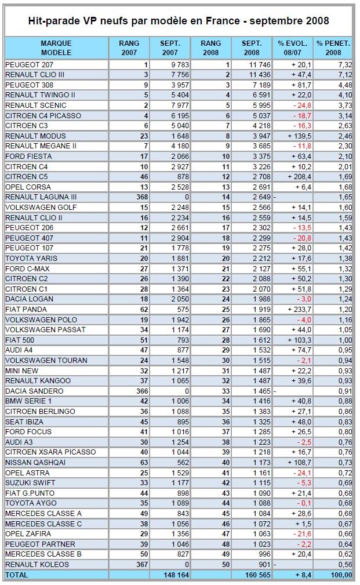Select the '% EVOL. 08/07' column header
pyautogui.click(x=293, y=48)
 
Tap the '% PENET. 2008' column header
pyautogui.click(x=333, y=48)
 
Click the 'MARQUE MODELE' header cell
pyautogui.click(x=56, y=48)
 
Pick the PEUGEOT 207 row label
pyautogui.click(x=29, y=64)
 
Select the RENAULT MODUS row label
pyautogui.click(x=35, y=136)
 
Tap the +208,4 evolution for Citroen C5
pyautogui.click(x=299, y=176)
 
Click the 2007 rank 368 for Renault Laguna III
pyautogui.click(x=142, y=197)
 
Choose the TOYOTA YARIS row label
pyautogui.click(x=31, y=258)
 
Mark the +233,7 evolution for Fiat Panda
pyautogui.click(x=299, y=309)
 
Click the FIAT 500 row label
pyautogui.click(x=20, y=340)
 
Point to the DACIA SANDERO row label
pyautogui.click(x=34, y=391)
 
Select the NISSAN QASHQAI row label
pyautogui.click(x=35, y=462)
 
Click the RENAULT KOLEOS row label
pyautogui.click(x=37, y=565)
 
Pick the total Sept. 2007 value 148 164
pyautogui.click(x=176, y=575)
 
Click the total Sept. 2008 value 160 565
pyautogui.click(x=258, y=575)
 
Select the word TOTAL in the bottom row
pyautogui.click(x=16, y=575)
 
